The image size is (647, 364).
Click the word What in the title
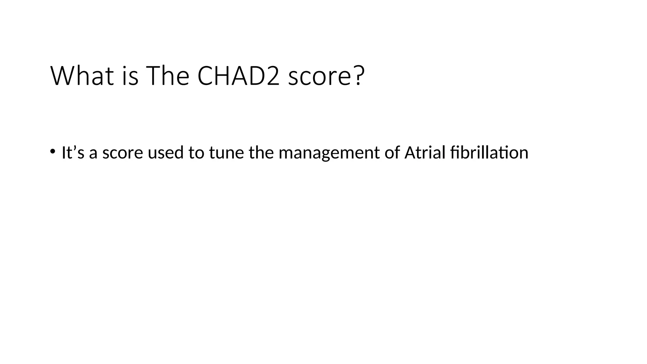coord(82,76)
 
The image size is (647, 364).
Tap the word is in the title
coord(130,76)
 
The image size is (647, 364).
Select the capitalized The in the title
coord(167,76)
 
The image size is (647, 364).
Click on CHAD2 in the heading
coord(239,76)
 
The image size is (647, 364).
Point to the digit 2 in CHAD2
coord(273,76)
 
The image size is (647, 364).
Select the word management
coord(329,153)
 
